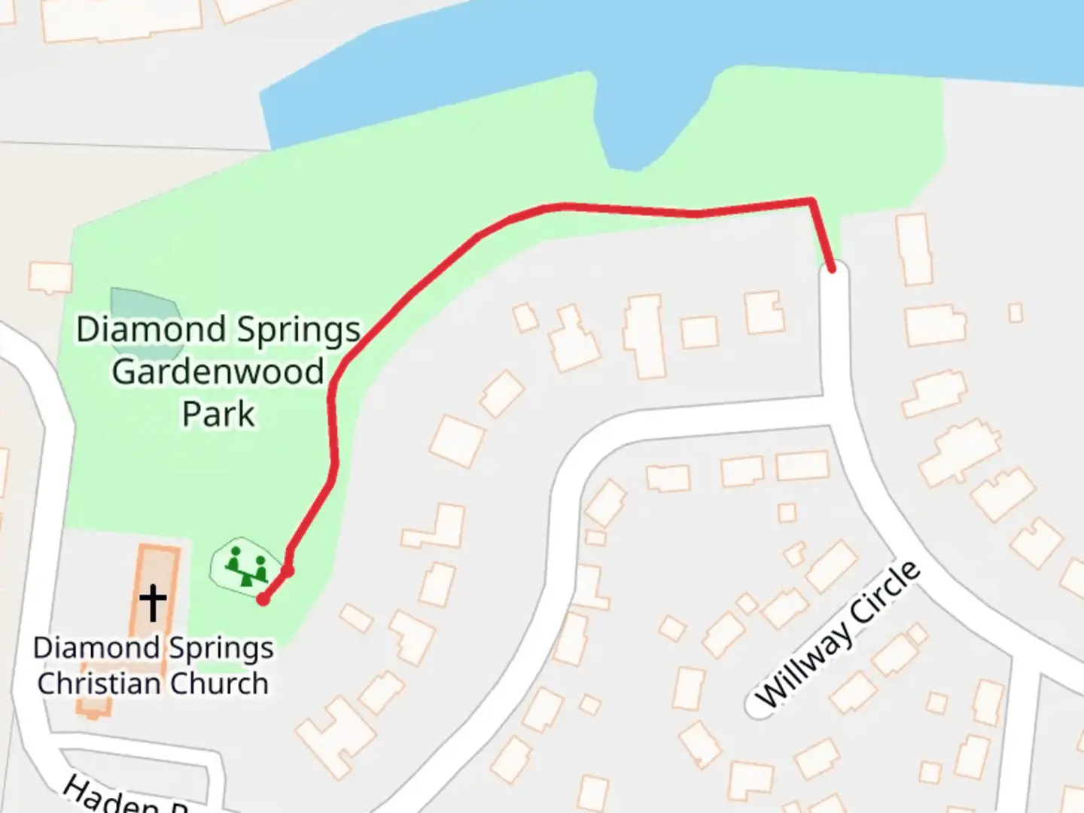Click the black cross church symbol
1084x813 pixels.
(x=153, y=603)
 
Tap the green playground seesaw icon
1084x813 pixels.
(x=247, y=567)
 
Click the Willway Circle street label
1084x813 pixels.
(x=837, y=635)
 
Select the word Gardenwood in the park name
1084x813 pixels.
(x=218, y=372)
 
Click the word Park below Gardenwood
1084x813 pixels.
(x=218, y=414)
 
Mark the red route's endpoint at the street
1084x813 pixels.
(x=832, y=268)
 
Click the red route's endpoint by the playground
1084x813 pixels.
(x=263, y=599)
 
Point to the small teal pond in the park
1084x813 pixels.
(x=143, y=316)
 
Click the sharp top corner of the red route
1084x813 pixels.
(x=811, y=200)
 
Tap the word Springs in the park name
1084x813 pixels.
(x=299, y=330)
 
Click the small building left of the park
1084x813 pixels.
(x=50, y=276)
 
